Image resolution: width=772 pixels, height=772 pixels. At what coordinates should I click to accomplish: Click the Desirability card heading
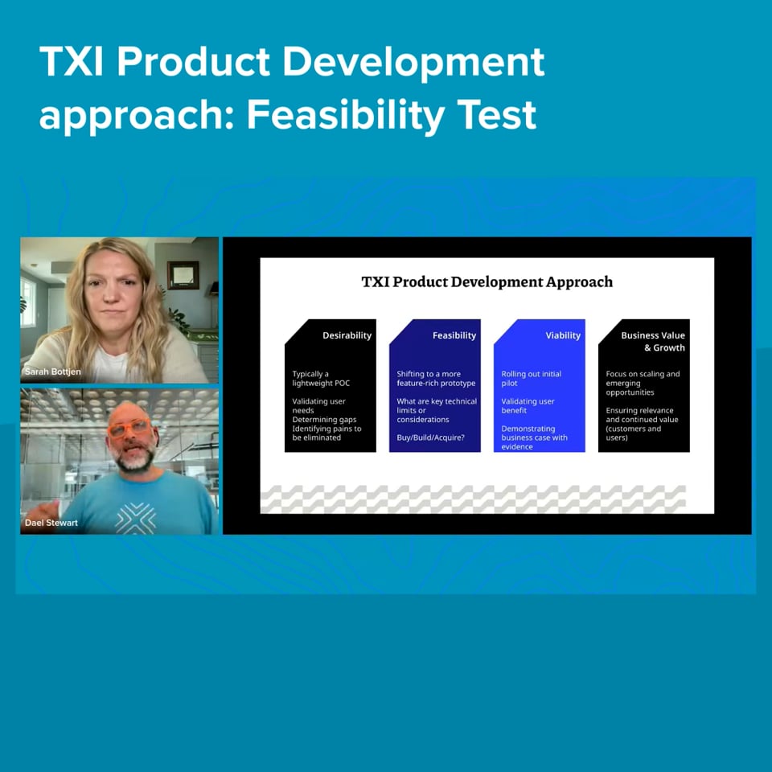pos(347,335)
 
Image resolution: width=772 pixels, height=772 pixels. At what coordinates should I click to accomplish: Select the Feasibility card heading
pos(454,335)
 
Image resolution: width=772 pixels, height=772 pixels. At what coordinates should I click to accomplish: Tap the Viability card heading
pos(563,335)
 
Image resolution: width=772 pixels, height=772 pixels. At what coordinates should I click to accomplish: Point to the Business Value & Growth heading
pos(653,341)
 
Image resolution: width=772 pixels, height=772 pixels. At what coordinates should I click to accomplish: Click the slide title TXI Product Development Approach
pos(487,281)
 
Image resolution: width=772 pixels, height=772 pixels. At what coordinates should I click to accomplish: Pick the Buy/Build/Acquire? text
pos(430,437)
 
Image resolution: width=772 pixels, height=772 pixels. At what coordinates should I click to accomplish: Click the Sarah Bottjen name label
pos(53,372)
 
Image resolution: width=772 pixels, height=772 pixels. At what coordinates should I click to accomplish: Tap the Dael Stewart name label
pos(51,523)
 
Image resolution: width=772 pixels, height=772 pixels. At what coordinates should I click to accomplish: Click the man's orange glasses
pos(129,427)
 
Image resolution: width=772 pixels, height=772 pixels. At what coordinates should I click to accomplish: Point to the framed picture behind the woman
pos(183,275)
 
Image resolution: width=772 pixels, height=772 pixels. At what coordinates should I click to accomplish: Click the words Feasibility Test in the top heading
pos(392,115)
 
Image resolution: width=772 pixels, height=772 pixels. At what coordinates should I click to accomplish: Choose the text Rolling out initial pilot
pos(531,378)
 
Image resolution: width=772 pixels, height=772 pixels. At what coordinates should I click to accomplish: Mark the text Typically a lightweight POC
pos(321,378)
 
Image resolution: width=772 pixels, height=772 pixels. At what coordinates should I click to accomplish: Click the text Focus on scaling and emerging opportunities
pos(643,383)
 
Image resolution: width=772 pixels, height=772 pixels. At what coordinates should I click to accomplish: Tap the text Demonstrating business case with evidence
pos(534,437)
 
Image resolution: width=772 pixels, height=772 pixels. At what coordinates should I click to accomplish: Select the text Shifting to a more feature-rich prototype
pos(436,378)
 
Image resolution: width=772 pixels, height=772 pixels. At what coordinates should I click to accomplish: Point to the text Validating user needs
pos(318,405)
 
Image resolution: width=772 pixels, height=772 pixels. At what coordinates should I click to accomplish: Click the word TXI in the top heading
pos(72,62)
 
